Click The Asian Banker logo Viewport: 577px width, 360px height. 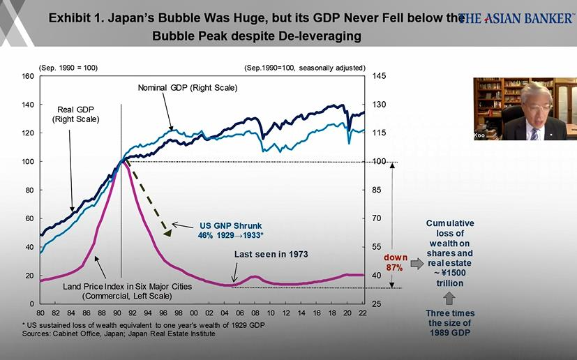tap(516, 18)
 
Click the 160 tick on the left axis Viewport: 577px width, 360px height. tap(29, 76)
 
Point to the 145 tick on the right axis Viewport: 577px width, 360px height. tap(379, 76)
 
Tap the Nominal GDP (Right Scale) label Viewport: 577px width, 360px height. tap(188, 88)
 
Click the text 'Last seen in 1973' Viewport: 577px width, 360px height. tap(271, 254)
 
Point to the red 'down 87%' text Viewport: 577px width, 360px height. tap(395, 264)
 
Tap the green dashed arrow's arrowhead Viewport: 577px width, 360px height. tap(168, 231)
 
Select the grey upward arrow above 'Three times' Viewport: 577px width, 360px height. tap(450, 297)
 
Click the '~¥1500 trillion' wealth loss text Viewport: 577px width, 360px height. tap(450, 278)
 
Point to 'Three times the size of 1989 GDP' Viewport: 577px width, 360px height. tap(450, 323)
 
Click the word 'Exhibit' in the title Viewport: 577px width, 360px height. tap(71, 19)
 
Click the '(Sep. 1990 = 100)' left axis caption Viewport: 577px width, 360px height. tap(68, 67)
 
